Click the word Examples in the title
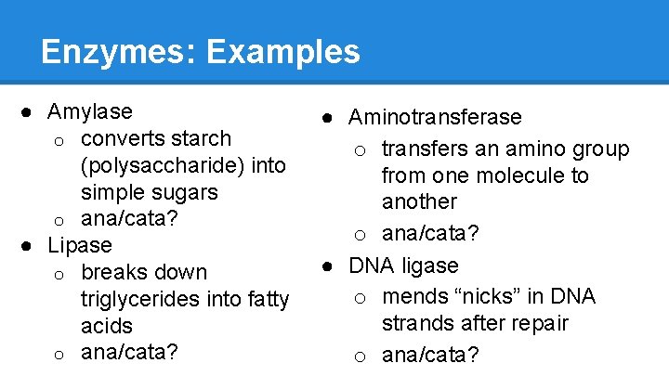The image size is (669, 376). tap(283, 51)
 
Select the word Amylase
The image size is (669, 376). tap(90, 111)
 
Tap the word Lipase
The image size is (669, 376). tap(80, 246)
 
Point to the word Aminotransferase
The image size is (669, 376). tap(435, 117)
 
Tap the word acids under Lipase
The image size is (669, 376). tap(107, 326)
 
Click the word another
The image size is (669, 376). tap(420, 201)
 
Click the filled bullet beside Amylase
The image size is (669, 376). tap(31, 111)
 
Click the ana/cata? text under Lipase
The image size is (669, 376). tap(130, 353)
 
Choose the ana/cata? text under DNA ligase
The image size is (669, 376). tap(431, 354)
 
